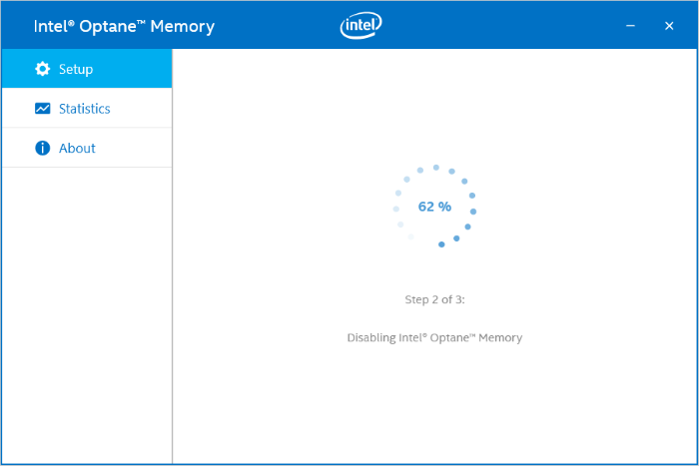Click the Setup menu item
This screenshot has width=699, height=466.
76,69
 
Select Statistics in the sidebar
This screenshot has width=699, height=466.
84,109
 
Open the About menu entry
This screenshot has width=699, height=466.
77,149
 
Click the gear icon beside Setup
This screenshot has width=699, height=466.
42,69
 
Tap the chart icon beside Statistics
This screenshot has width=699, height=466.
42,109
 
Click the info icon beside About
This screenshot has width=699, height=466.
42,149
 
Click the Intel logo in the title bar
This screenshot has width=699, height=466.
361,26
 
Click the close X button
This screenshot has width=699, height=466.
669,26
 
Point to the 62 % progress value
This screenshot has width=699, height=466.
434,207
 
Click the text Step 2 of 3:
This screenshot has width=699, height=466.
434,298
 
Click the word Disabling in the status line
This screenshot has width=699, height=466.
371,338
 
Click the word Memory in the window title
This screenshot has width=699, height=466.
184,27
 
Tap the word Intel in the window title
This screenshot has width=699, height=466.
50,27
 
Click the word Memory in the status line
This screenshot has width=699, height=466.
500,338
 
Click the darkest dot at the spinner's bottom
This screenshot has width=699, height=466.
441,244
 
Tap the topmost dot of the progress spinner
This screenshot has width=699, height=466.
435,168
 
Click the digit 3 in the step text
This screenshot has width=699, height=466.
458,298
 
